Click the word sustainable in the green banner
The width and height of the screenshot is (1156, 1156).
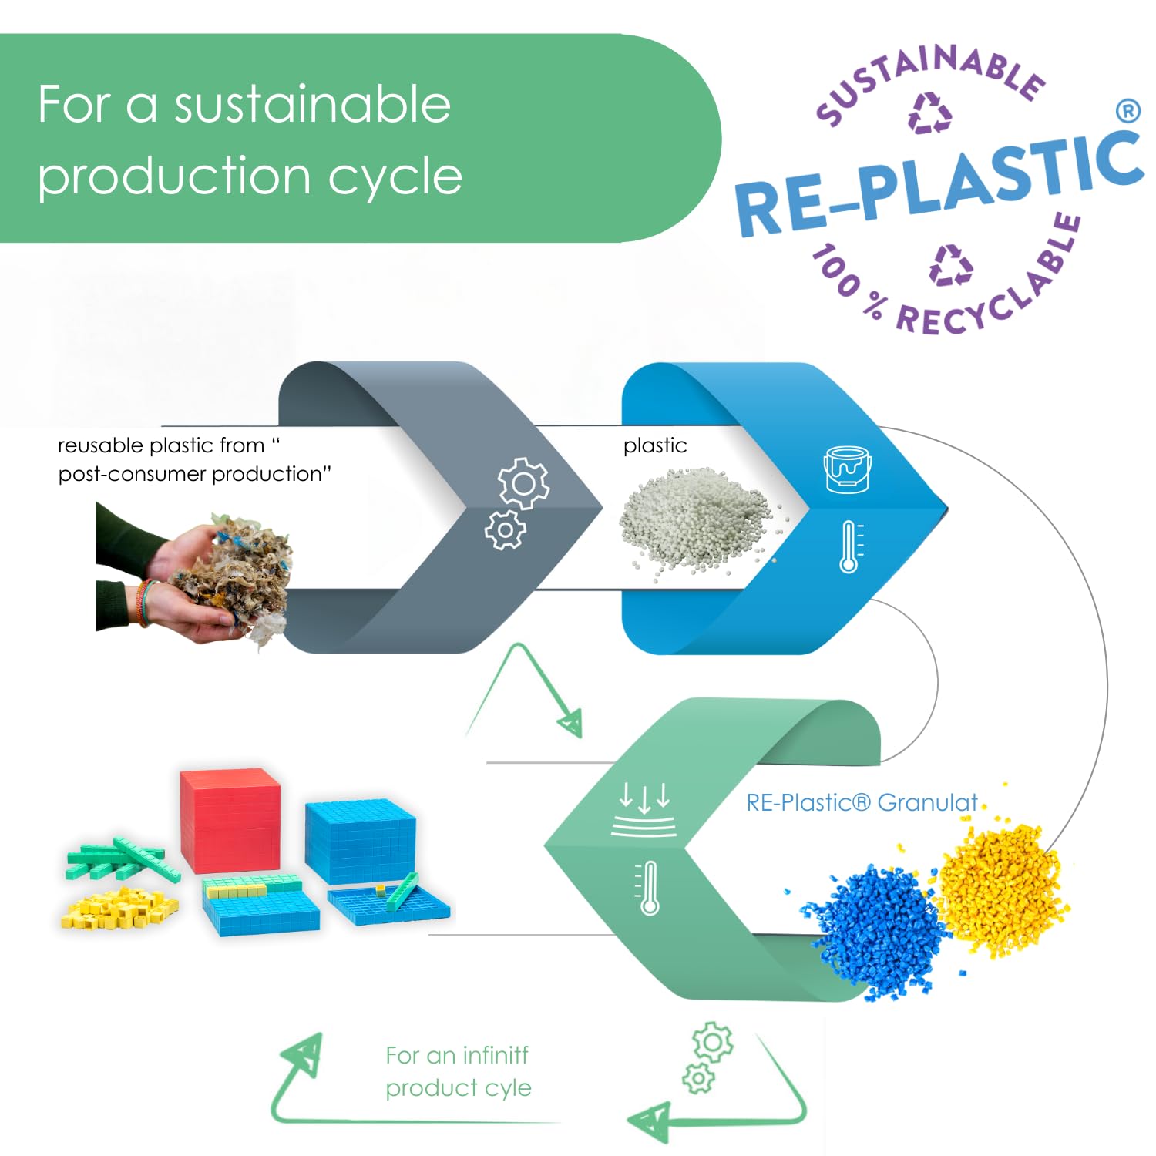point(312,105)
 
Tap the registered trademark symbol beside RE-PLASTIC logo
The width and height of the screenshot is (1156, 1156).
point(1127,111)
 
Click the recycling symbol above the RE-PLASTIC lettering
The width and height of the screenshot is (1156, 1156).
point(930,114)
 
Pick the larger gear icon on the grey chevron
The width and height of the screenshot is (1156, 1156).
point(524,483)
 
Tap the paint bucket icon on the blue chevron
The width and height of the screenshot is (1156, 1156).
point(848,468)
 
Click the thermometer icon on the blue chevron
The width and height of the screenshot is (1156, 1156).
point(849,547)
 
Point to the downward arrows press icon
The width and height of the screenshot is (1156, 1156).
point(644,809)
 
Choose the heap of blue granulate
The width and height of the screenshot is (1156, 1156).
point(875,929)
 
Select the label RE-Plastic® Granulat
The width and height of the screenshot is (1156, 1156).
point(862,803)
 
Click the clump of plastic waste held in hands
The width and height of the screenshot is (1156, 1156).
point(235,574)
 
